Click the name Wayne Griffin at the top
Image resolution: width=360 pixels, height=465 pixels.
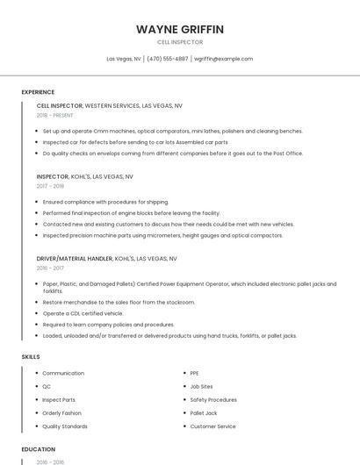(180, 29)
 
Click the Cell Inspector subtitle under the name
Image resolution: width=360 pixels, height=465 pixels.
(180, 42)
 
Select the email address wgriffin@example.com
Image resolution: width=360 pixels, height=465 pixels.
(223, 59)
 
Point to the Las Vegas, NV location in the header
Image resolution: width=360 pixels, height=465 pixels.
(124, 59)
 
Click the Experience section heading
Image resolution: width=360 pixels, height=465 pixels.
(38, 92)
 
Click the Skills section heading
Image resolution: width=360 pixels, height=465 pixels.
(31, 357)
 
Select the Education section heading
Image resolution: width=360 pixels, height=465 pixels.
(39, 449)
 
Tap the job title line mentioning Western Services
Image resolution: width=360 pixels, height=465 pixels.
(110, 105)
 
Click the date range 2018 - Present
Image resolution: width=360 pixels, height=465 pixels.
(56, 115)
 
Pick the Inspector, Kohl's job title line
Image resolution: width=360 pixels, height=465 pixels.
(85, 176)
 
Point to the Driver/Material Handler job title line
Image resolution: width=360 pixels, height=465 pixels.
(107, 259)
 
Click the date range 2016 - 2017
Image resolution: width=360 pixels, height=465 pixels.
(50, 268)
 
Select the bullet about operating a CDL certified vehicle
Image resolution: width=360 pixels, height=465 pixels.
(83, 313)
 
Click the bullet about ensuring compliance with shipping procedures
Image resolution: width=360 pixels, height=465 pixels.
(105, 202)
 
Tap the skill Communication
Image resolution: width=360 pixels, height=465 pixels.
(63, 374)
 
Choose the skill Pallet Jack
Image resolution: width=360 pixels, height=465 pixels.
(204, 412)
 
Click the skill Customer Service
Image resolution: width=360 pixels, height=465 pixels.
(213, 426)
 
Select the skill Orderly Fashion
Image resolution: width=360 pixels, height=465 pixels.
(62, 412)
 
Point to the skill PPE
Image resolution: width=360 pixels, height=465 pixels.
(195, 374)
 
